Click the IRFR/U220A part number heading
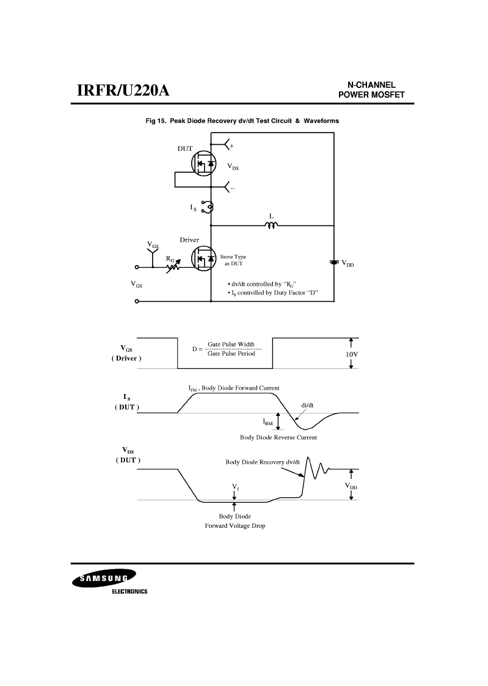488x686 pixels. pyautogui.click(x=123, y=90)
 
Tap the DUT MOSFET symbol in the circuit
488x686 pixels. pyautogui.click(x=204, y=163)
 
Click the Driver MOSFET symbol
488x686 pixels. pyautogui.click(x=204, y=258)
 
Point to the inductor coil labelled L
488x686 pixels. pyautogui.click(x=271, y=225)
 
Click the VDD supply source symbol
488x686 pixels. pyautogui.click(x=334, y=262)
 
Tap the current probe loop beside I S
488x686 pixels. pyautogui.click(x=208, y=207)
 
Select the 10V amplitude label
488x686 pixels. pyautogui.click(x=352, y=354)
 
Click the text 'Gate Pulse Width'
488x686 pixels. pyautogui.click(x=231, y=345)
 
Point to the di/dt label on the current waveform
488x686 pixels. pyautogui.click(x=307, y=405)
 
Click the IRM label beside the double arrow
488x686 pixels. pyautogui.click(x=268, y=422)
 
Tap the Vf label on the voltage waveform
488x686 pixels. pyautogui.click(x=235, y=486)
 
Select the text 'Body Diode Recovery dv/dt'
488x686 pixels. pyautogui.click(x=263, y=462)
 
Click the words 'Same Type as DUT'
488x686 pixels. pyautogui.click(x=233, y=260)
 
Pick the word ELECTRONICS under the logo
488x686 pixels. pyautogui.click(x=129, y=591)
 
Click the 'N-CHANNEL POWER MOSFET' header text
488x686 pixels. pyautogui.click(x=371, y=90)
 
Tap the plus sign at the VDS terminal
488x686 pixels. pyautogui.click(x=231, y=145)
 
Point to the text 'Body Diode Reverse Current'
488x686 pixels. pyautogui.click(x=279, y=437)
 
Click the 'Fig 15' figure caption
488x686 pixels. pyautogui.click(x=242, y=121)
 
